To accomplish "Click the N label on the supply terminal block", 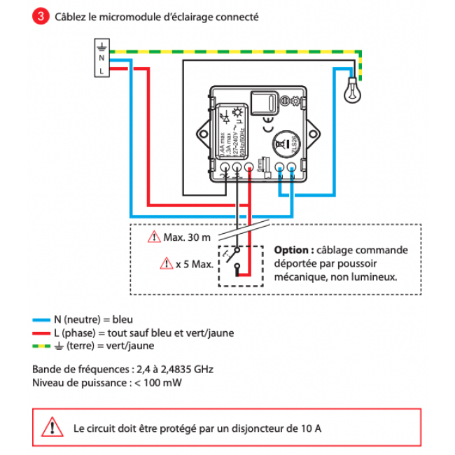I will point(102,59).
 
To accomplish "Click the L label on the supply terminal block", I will point(102,71).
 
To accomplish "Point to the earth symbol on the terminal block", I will point(102,47).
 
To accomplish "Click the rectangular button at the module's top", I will point(266,104).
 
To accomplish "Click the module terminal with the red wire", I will point(250,169).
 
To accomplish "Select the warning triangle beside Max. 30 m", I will point(154,238).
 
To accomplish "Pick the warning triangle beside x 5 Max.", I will point(166,264).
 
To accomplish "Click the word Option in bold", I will point(293,250).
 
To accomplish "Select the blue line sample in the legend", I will point(41,320).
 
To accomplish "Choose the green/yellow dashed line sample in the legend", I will point(41,346).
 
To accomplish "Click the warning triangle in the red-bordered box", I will point(50,426).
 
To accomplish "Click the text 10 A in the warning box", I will point(311,427).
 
